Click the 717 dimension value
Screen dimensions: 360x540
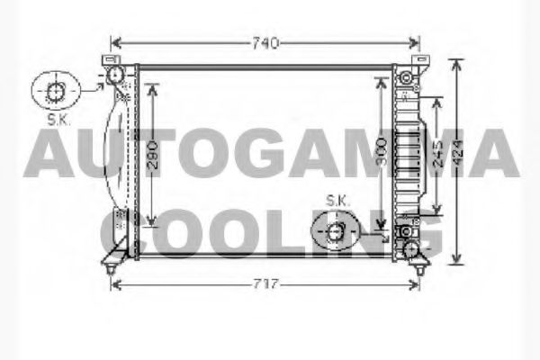pyautogui.click(x=265, y=284)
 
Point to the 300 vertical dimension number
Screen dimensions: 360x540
pyautogui.click(x=382, y=153)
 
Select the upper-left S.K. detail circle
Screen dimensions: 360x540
pyautogui.click(x=55, y=90)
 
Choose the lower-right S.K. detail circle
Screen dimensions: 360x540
pyautogui.click(x=336, y=233)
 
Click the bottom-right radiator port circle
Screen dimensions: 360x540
pyautogui.click(x=410, y=247)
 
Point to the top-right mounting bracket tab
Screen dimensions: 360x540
pyautogui.click(x=418, y=60)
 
